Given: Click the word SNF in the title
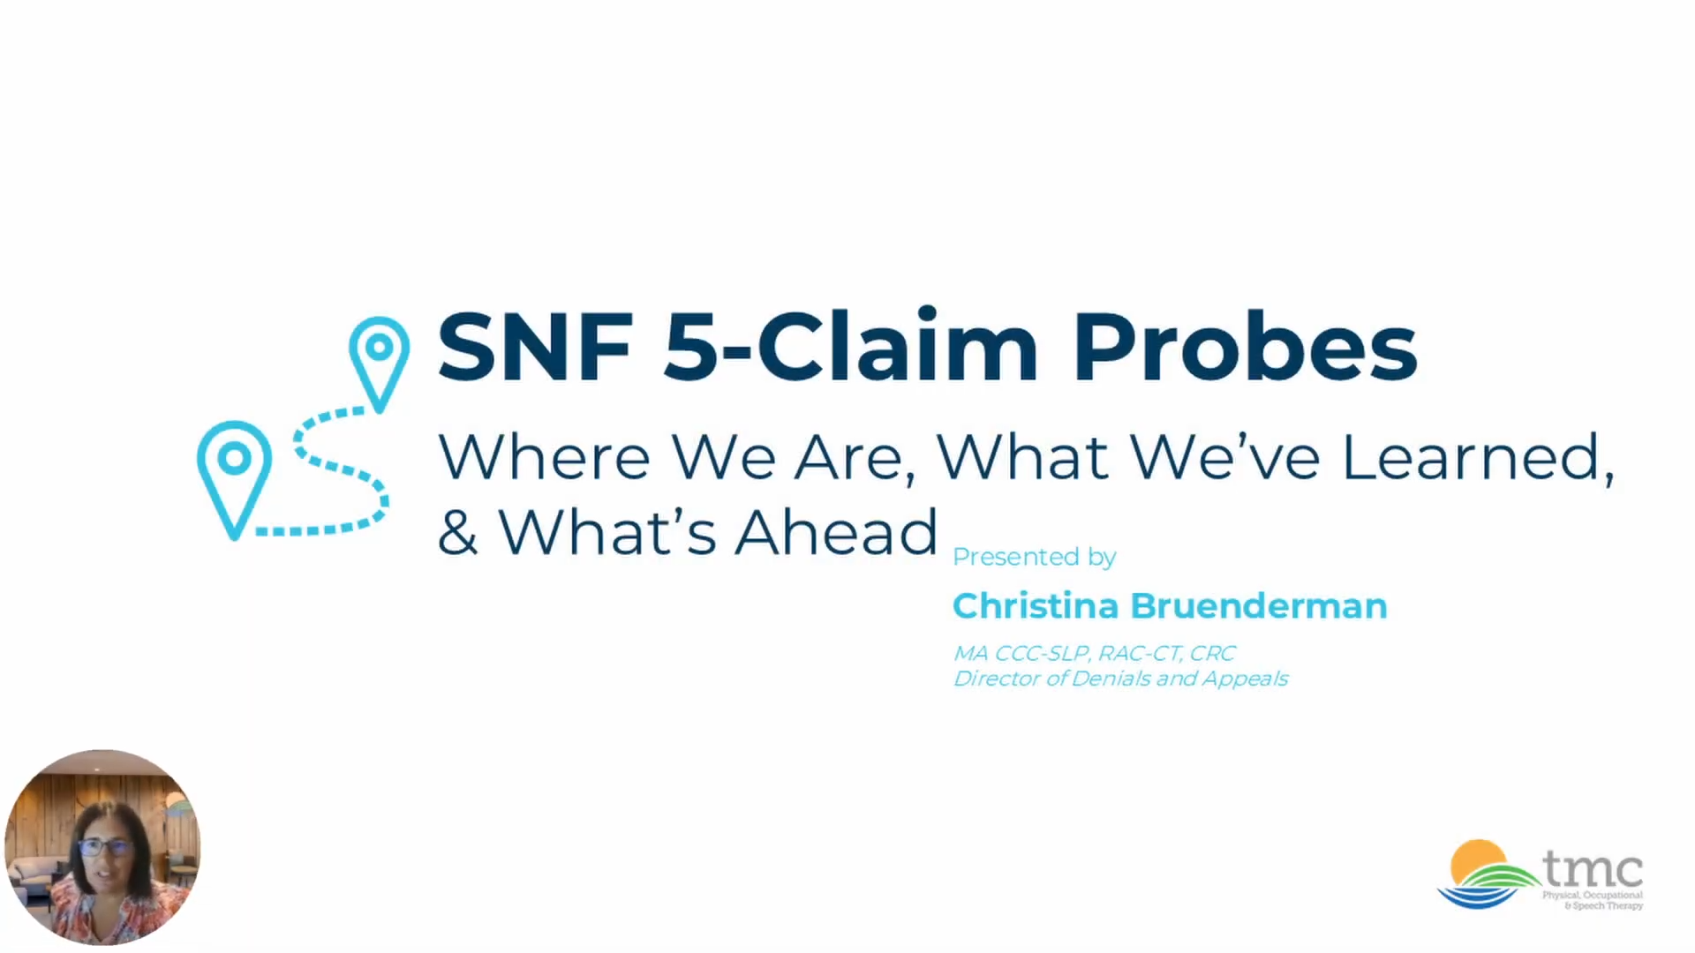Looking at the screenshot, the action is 535,347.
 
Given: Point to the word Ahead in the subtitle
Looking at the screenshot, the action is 836,532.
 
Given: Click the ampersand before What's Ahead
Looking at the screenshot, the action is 458,533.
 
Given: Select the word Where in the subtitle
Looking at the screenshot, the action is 544,457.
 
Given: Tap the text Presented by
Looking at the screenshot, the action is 1035,557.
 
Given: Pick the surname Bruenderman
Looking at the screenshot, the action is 1259,606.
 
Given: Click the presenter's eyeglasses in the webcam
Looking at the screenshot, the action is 104,848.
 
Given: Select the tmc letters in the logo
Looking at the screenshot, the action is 1593,869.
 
